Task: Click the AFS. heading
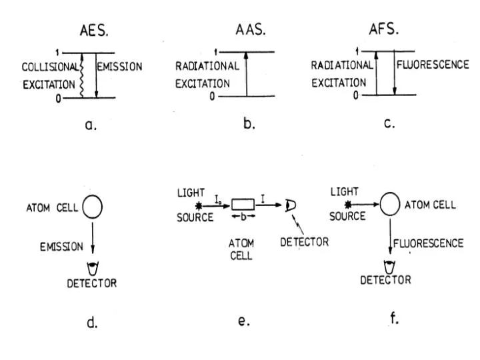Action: point(386,31)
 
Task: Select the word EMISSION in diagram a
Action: point(119,67)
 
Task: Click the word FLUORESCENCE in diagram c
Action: point(430,67)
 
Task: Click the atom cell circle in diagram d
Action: point(92,208)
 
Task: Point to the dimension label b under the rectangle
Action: point(243,217)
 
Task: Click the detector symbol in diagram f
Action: point(387,266)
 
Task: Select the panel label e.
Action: point(243,321)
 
